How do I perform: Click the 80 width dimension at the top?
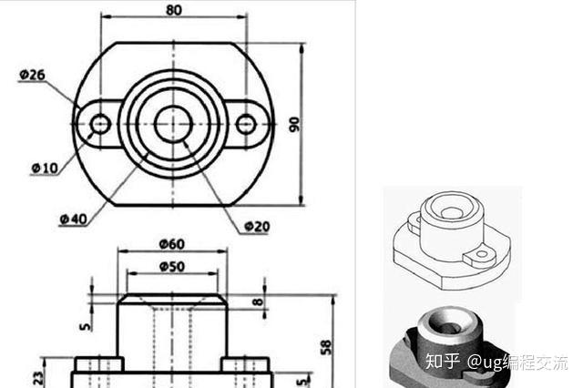173,10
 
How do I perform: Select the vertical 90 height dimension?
294,123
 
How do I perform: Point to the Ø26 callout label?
32,75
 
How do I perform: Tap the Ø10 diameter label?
44,168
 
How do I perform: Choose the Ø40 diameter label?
74,219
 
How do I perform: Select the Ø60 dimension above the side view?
171,244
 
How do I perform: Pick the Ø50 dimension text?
171,266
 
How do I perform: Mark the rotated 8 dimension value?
258,301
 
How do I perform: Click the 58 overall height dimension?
326,346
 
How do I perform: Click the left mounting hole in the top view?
100,124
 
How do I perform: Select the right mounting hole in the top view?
246,124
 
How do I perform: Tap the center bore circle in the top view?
172,124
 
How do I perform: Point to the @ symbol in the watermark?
476,361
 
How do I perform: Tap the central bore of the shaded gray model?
445,321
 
